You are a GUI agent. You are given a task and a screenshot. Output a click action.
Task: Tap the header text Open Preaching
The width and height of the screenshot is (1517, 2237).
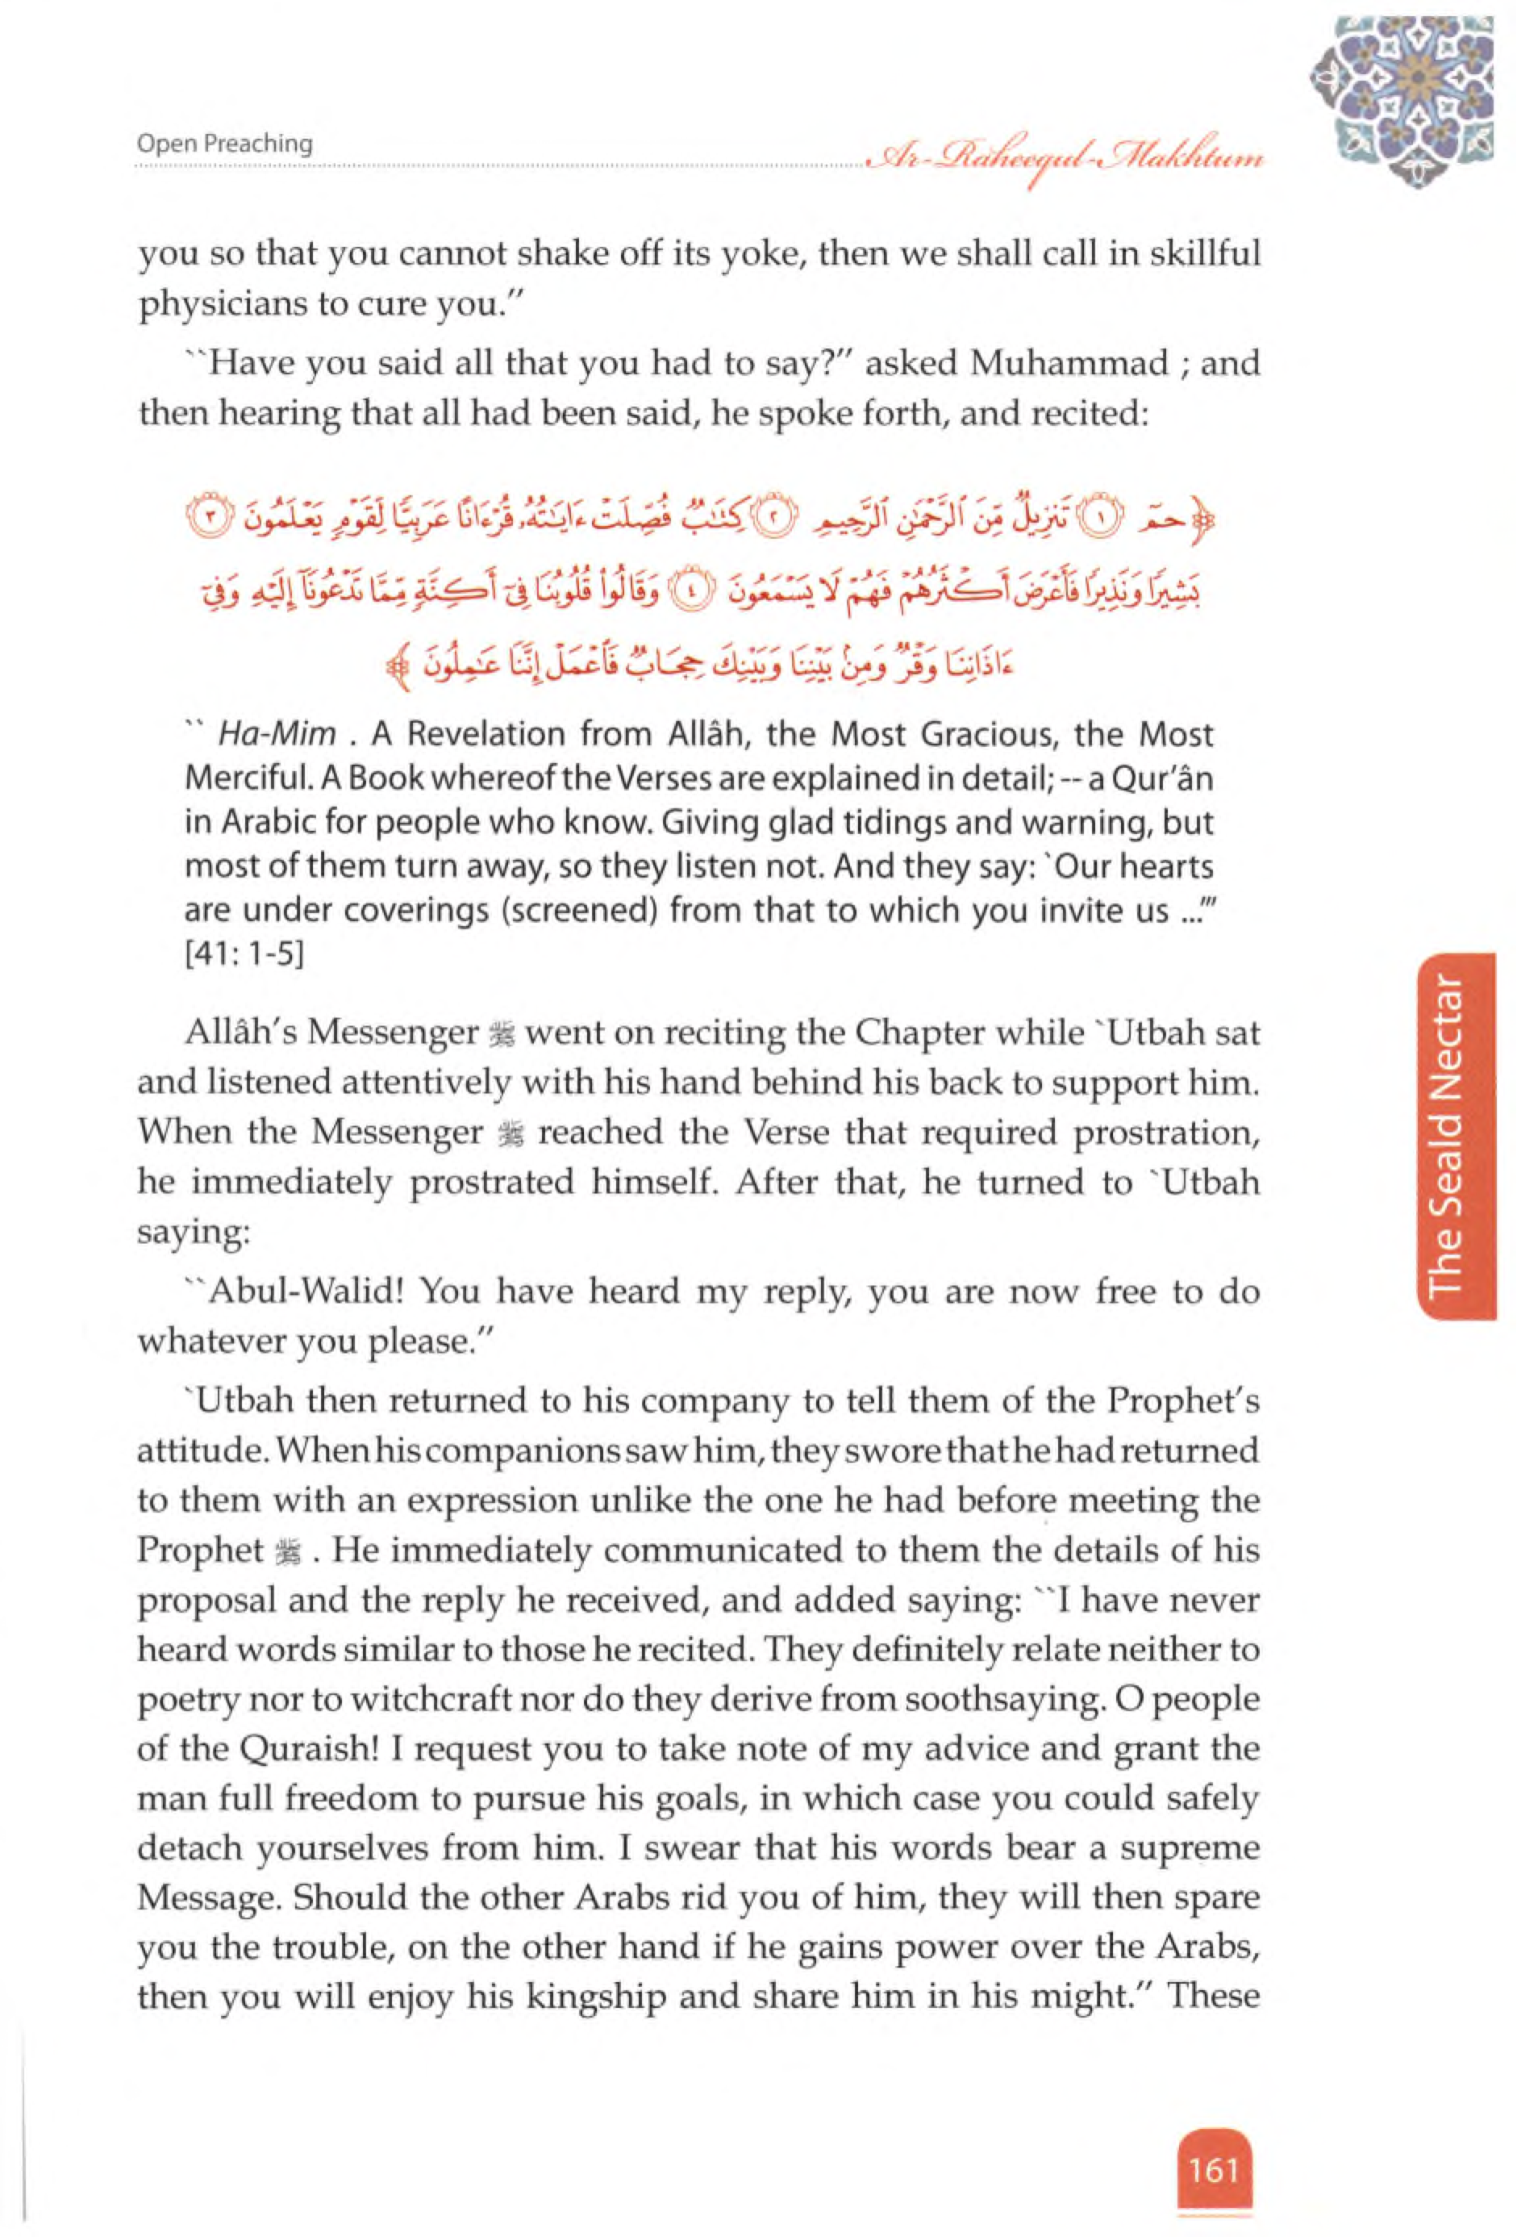pyautogui.click(x=224, y=144)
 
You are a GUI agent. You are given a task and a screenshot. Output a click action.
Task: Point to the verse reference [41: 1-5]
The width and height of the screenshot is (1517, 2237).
pyautogui.click(x=244, y=958)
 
